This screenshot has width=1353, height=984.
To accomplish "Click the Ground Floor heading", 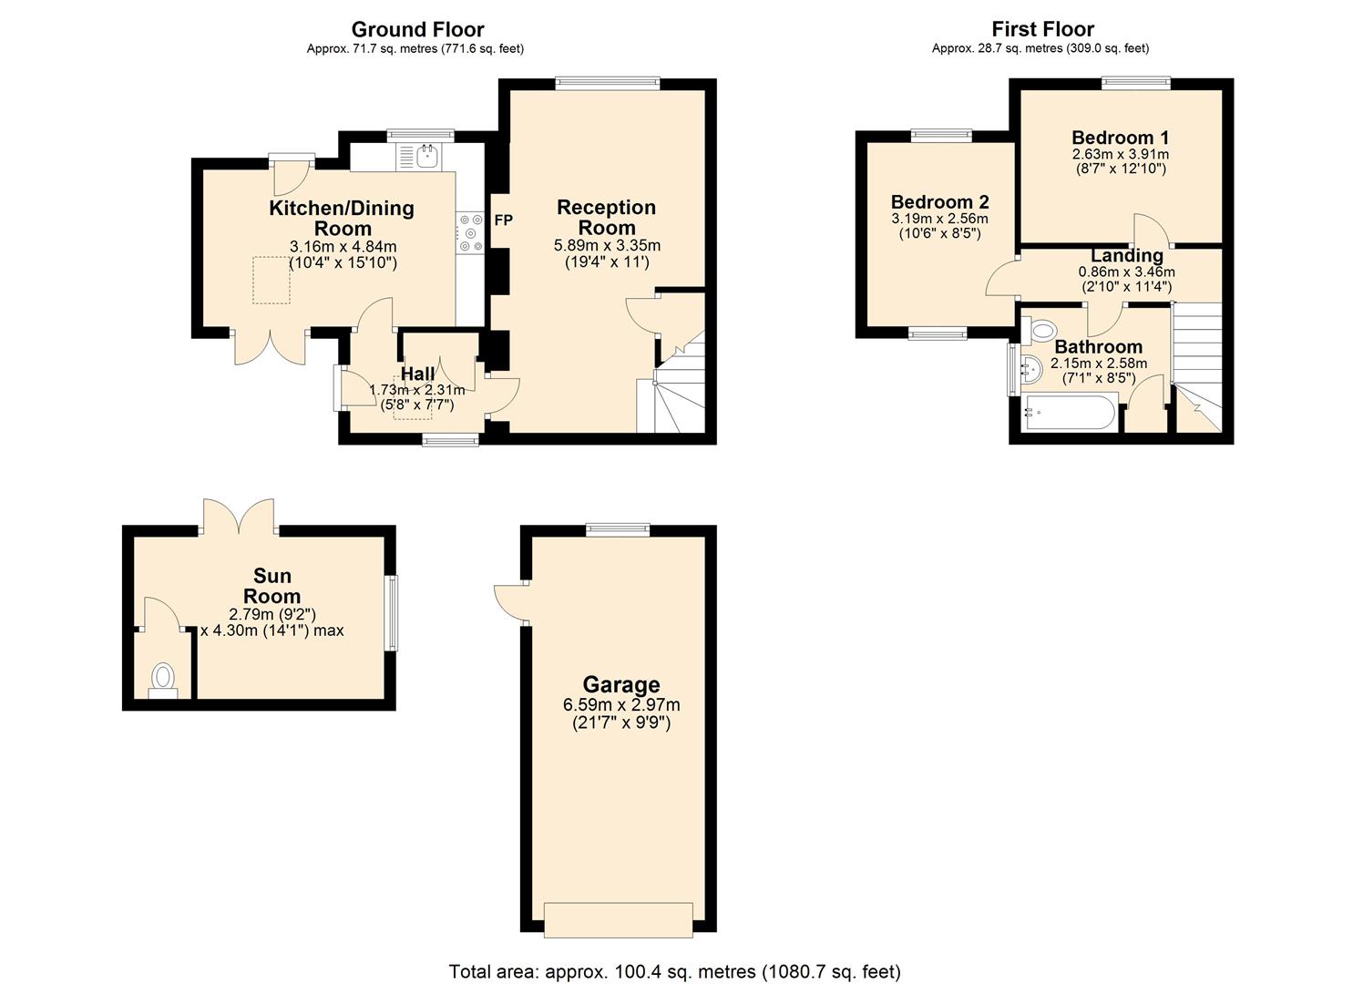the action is (x=417, y=29).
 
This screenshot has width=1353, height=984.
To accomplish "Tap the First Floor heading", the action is (x=1042, y=29).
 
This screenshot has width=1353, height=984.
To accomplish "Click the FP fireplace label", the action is (x=503, y=220).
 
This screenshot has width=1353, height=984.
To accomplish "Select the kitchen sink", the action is (x=419, y=157).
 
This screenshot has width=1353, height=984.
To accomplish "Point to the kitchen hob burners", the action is (x=470, y=232).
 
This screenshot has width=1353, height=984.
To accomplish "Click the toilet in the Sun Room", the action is (x=163, y=681).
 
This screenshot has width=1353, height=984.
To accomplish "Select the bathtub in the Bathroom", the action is (x=1069, y=412).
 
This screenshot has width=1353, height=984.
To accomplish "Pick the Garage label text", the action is (x=621, y=684).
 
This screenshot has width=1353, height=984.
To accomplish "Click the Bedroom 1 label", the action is (x=1120, y=137).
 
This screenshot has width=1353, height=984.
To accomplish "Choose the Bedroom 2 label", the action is (x=939, y=201).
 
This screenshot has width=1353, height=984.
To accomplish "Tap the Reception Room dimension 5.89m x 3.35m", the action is (x=607, y=246).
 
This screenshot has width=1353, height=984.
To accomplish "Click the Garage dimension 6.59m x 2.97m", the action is (x=621, y=705).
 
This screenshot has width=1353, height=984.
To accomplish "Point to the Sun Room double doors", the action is (x=240, y=516).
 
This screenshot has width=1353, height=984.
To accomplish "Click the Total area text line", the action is (x=675, y=971).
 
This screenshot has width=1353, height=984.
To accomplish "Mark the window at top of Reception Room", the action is (x=608, y=83).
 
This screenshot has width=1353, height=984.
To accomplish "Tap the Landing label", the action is (x=1126, y=255).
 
